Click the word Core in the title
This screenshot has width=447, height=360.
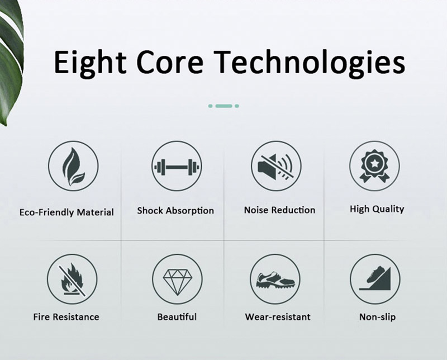pos(170,62)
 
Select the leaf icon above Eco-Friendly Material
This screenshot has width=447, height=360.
pos(73,166)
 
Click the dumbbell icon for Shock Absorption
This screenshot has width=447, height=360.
pos(177,166)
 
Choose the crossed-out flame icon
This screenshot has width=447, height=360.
pos(72,280)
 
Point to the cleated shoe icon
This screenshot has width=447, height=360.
pos(275,280)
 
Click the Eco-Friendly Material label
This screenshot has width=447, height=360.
pos(66,212)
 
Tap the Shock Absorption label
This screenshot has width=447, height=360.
pos(175,211)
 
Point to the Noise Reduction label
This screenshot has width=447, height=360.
pos(280,210)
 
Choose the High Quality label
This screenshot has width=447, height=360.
pos(377,209)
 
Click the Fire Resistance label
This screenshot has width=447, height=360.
pos(66,316)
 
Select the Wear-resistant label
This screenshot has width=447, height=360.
pos(278,316)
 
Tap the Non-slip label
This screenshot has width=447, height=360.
pos(378,317)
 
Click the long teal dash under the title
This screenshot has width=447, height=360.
pos(224,106)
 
